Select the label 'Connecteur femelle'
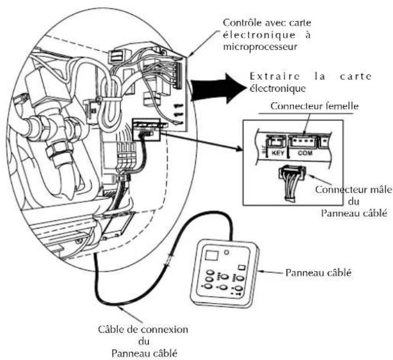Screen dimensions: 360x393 312,107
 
